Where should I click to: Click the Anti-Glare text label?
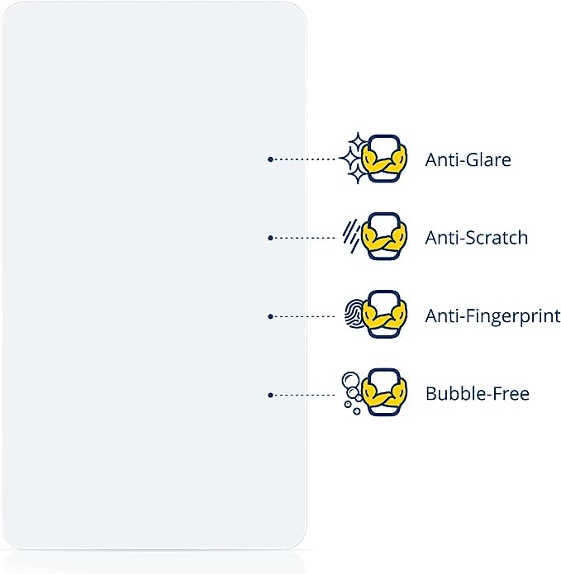(468, 159)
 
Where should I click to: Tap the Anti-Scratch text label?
(476, 238)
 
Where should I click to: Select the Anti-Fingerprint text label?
(492, 315)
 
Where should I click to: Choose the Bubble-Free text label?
(477, 394)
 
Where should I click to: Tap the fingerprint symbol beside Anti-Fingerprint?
(352, 315)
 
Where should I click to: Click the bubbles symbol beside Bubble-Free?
(351, 390)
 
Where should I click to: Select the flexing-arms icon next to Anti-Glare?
(386, 159)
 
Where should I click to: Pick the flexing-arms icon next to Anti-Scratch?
(386, 237)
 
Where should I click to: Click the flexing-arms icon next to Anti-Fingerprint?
(386, 315)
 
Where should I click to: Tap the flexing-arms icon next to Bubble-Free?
(386, 393)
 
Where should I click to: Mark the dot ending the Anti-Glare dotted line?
(270, 159)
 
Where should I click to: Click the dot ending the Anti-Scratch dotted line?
(270, 238)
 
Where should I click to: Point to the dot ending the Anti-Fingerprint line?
(270, 316)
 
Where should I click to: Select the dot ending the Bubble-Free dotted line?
(270, 395)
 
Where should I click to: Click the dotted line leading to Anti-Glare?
(306, 159)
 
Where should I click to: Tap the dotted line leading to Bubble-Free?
(306, 395)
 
